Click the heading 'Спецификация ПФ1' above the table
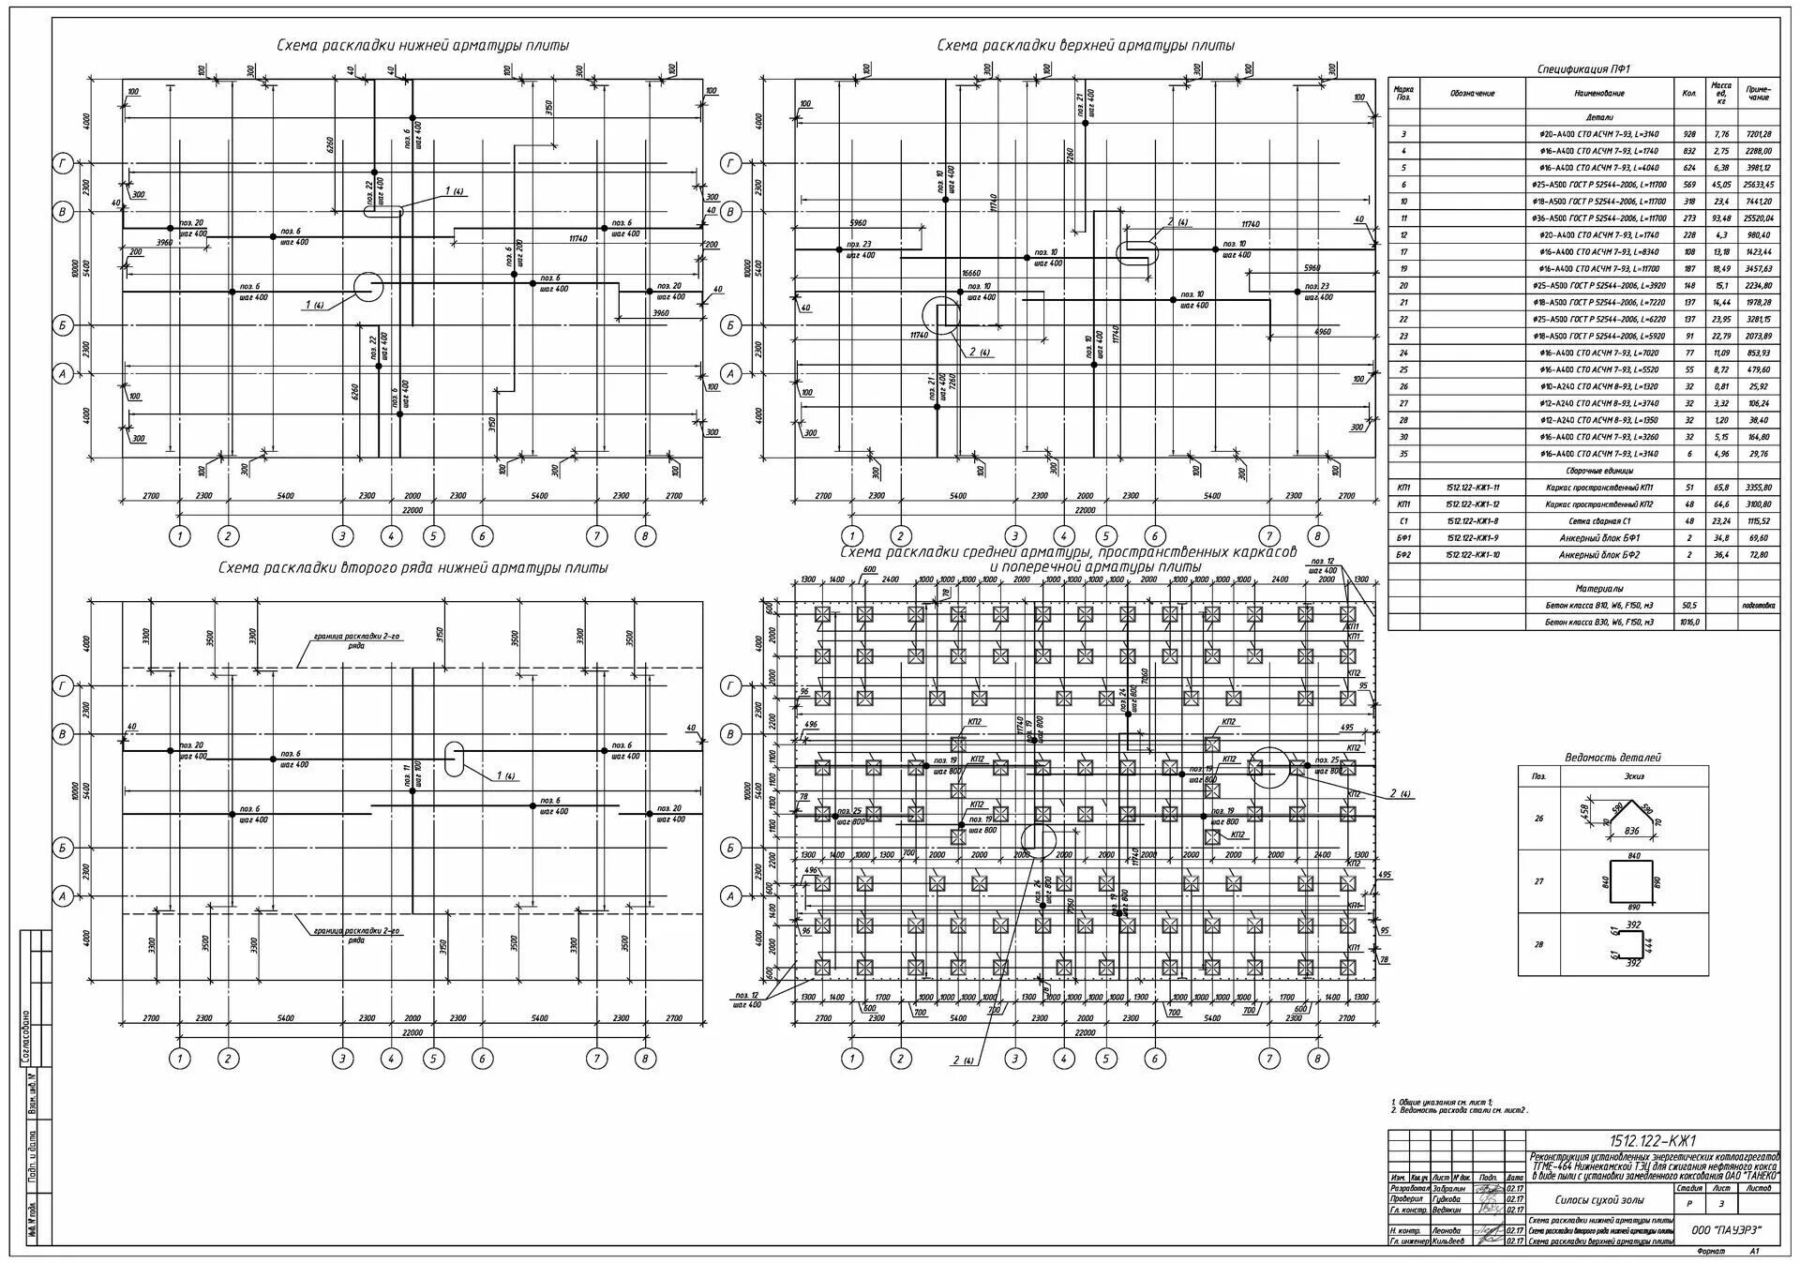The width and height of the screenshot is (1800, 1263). pyautogui.click(x=1583, y=69)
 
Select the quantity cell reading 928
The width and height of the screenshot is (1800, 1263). pyautogui.click(x=1689, y=135)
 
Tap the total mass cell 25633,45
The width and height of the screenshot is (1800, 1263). pyautogui.click(x=1759, y=186)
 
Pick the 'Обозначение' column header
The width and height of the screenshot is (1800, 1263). pyautogui.click(x=1473, y=94)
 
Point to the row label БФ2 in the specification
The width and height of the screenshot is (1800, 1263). pyautogui.click(x=1403, y=555)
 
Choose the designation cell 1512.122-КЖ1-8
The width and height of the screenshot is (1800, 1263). pyautogui.click(x=1473, y=521)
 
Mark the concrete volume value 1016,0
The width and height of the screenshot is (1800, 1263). pyautogui.click(x=1689, y=622)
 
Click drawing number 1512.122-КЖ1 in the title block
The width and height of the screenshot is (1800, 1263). pyautogui.click(x=1654, y=1141)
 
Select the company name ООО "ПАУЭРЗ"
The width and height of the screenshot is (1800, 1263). pyautogui.click(x=1726, y=1230)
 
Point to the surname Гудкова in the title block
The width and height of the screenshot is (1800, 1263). pyautogui.click(x=1449, y=1199)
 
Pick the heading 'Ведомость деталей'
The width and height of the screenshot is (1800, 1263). pyautogui.click(x=1612, y=757)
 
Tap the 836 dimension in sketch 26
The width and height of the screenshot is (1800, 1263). pyautogui.click(x=1632, y=832)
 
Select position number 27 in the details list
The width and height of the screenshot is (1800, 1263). pyautogui.click(x=1538, y=881)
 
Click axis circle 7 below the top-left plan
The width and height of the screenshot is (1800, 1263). pyautogui.click(x=596, y=536)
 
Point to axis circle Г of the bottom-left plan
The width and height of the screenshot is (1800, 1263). pyautogui.click(x=63, y=687)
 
